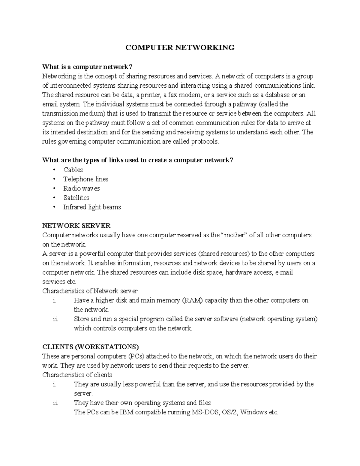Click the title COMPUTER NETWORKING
[x=180, y=47]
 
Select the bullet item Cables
[x=73, y=170]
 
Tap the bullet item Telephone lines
[x=85, y=179]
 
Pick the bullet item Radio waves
[x=81, y=188]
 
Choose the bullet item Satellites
[x=76, y=198]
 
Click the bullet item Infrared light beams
[x=92, y=207]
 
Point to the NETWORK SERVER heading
[x=76, y=226]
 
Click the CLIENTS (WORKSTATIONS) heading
[x=91, y=347]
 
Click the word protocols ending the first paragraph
[x=205, y=142]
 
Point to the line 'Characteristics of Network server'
[x=90, y=291]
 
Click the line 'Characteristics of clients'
[x=77, y=375]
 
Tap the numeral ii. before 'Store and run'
[x=55, y=319]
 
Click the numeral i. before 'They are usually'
[x=54, y=384]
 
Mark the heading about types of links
[x=138, y=160]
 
